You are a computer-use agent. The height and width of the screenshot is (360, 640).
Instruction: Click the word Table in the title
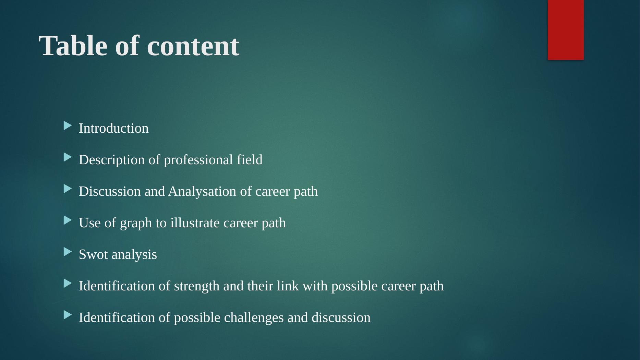[x=73, y=46]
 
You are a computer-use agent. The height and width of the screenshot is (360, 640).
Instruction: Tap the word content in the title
[x=193, y=46]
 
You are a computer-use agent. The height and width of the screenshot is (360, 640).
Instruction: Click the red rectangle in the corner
[x=566, y=30]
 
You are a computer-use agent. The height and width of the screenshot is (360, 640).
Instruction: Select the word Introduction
[x=114, y=128]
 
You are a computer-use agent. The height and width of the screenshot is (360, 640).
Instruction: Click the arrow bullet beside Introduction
[x=68, y=126]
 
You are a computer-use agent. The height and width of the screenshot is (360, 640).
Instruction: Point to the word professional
[x=198, y=160]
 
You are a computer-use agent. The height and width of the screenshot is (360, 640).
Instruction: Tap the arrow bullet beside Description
[x=68, y=158]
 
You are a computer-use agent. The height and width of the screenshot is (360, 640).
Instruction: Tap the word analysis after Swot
[x=134, y=255]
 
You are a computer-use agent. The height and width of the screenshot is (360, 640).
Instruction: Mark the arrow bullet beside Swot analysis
[x=68, y=252]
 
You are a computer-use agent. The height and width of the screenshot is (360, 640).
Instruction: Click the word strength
[x=197, y=286]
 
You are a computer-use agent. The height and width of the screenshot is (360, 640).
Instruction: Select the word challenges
[x=254, y=318]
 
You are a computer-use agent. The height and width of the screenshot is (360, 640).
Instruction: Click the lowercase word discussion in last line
[x=341, y=317]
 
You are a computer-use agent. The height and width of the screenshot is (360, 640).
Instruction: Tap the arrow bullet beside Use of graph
[x=68, y=221]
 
